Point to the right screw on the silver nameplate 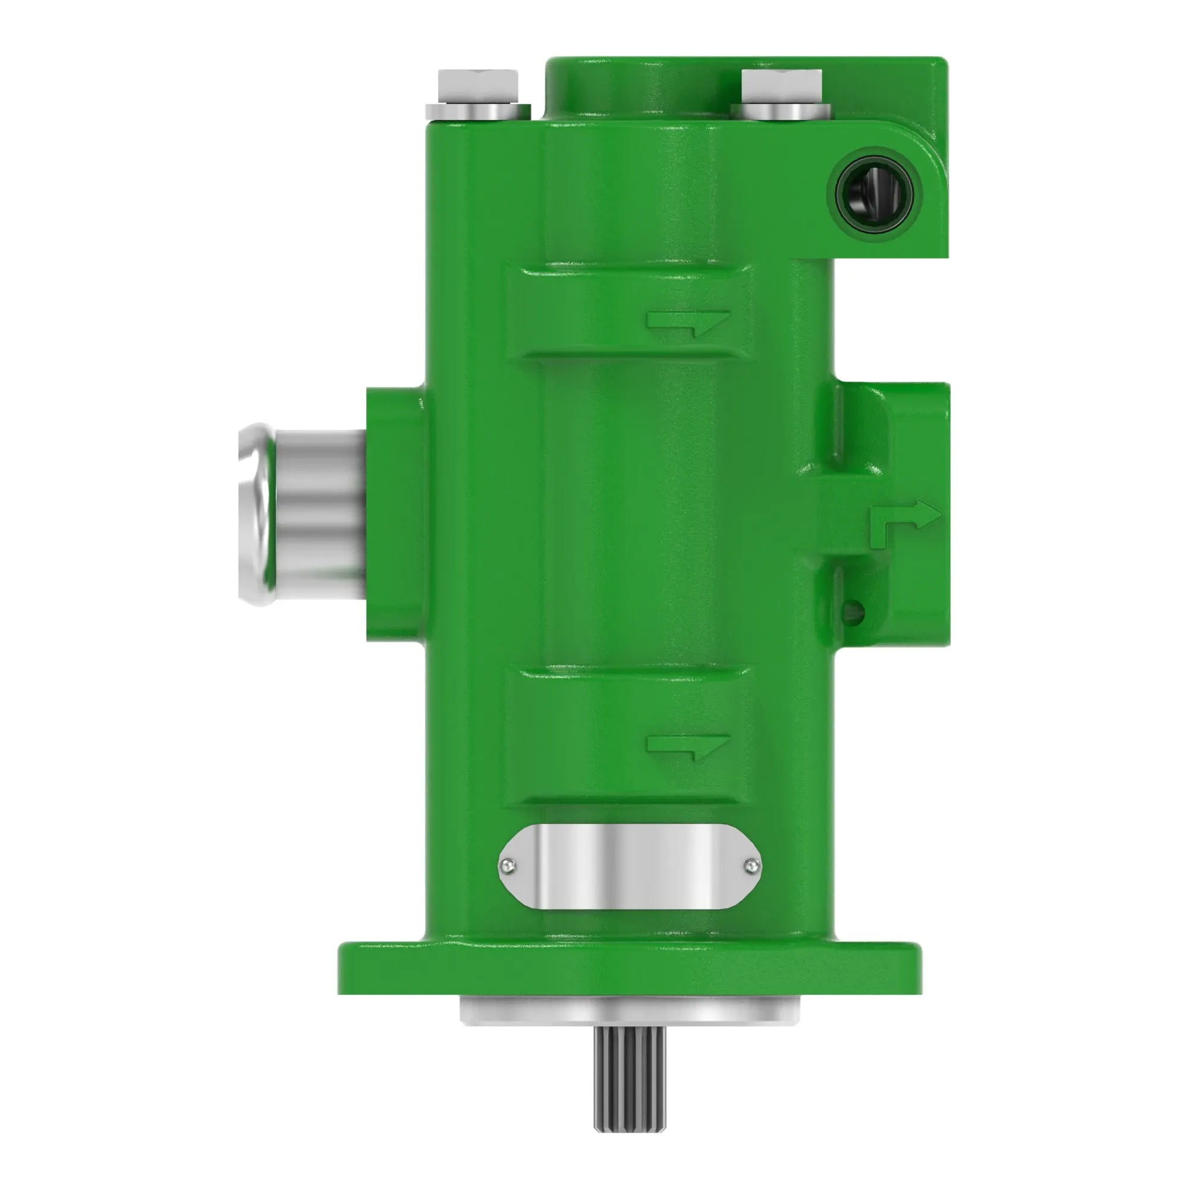pos(751,867)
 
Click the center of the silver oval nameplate pos(630,867)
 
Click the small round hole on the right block pos(853,612)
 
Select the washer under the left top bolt pos(477,111)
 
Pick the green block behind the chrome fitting pos(394,514)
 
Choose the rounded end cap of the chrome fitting pos(254,514)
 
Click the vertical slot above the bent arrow pos(838,424)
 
